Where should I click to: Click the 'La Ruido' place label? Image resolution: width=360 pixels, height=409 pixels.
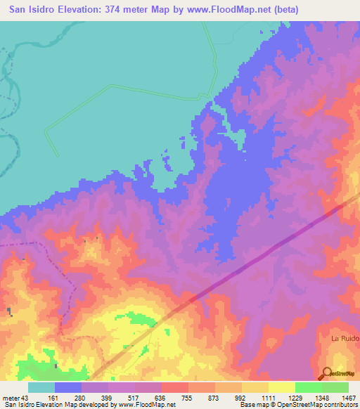pyautogui.click(x=345, y=338)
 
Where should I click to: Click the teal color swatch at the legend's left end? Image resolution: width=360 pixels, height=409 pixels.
pyautogui.click(x=41, y=387)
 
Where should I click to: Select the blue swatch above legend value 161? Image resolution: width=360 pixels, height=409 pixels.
pyautogui.click(x=68, y=387)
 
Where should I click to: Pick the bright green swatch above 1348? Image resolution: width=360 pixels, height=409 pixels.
pyautogui.click(x=308, y=387)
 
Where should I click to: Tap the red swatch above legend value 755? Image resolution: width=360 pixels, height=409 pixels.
pyautogui.click(x=174, y=387)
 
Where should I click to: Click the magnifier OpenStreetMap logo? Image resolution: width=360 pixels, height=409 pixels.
pyautogui.click(x=328, y=372)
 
